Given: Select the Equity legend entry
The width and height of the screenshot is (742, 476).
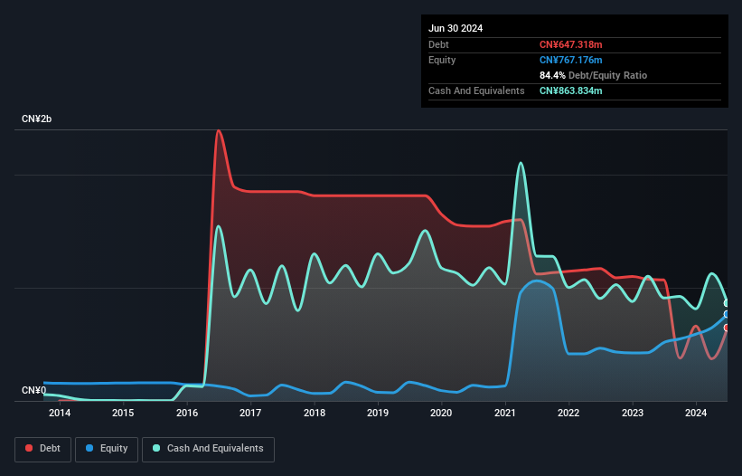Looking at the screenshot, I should [x=108, y=448].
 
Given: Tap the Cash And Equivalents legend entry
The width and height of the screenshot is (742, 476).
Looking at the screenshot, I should [x=208, y=448].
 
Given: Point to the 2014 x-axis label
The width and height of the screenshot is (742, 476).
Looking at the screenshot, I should [x=60, y=414].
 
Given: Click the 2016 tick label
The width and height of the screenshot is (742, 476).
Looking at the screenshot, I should [x=187, y=414].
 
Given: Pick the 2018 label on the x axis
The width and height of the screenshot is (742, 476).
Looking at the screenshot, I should [x=315, y=414].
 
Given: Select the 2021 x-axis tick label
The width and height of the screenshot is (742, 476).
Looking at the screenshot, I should [x=505, y=414].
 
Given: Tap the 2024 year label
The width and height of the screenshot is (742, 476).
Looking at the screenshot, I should [x=696, y=414].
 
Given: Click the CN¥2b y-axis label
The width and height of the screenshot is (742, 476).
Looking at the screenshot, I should [x=37, y=119].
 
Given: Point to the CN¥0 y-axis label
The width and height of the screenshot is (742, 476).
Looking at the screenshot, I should [x=33, y=391].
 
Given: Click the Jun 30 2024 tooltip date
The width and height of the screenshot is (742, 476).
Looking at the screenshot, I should [x=456, y=28].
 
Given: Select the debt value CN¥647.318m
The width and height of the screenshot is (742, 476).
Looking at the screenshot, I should [x=570, y=44].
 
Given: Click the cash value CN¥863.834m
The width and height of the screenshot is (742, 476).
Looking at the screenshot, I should [x=571, y=90].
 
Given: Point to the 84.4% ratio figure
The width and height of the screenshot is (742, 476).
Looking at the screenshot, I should [x=552, y=75].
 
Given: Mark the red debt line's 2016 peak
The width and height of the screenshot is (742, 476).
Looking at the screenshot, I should [x=218, y=130].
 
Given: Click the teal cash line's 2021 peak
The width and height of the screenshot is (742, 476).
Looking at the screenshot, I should [x=521, y=163].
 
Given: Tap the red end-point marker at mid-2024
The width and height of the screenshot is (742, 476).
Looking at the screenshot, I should [x=727, y=328].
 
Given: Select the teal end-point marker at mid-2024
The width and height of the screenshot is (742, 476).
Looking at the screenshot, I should [x=727, y=303].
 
